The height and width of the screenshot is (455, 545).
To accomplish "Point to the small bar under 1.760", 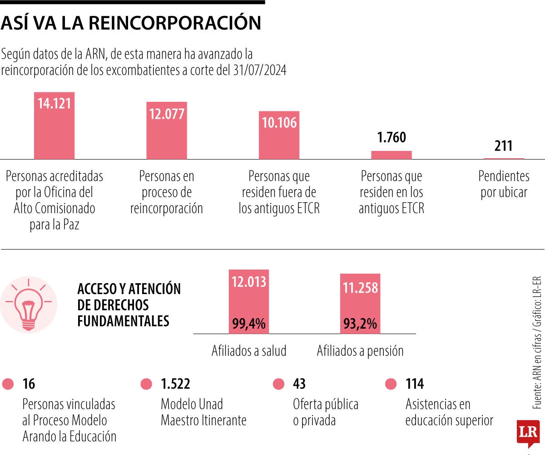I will [391, 155].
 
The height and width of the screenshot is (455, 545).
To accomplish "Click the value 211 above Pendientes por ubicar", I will [503, 146].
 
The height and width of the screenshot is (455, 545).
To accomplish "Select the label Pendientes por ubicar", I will [504, 184].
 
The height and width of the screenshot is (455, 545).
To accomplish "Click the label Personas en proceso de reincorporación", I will [166, 192].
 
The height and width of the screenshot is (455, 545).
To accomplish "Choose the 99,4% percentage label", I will [248, 324].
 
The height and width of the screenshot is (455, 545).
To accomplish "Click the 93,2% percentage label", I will [360, 324].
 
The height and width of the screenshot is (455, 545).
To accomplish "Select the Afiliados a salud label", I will [249, 351].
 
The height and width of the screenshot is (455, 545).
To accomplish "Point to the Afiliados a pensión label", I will [360, 351].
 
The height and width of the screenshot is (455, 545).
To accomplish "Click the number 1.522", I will [175, 384].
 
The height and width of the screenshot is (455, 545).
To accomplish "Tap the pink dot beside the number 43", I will [279, 385].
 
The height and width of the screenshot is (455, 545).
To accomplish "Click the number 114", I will [414, 384].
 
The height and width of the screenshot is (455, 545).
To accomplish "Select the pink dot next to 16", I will [8, 385].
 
